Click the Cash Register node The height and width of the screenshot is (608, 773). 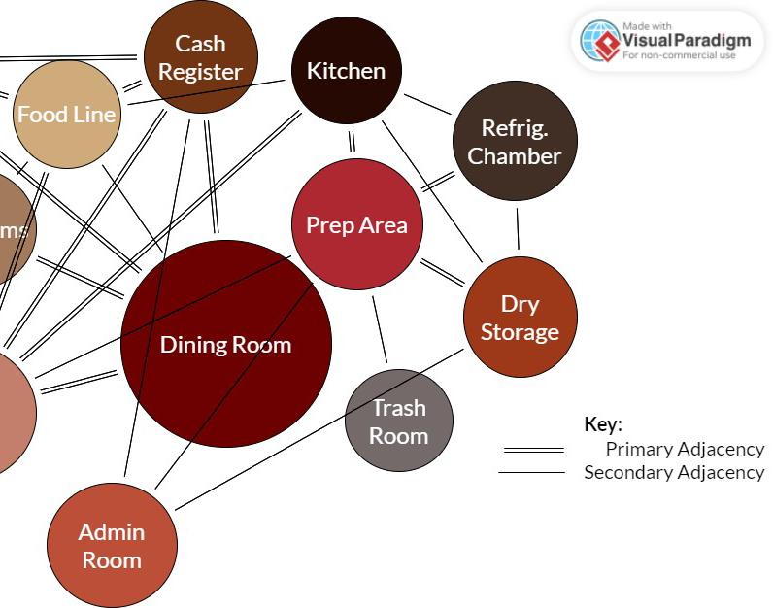[x=200, y=56]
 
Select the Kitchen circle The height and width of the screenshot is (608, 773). [x=346, y=70]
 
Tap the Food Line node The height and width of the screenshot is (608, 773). [x=66, y=114]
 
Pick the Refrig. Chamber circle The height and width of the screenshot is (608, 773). [x=515, y=141]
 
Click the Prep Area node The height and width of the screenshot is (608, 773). [x=356, y=224]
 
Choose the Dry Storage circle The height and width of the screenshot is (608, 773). [x=520, y=318]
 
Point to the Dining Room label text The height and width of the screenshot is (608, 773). [x=225, y=344]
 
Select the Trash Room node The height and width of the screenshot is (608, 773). [x=398, y=421]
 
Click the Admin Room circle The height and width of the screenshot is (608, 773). [x=112, y=545]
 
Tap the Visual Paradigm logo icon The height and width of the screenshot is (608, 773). [x=600, y=41]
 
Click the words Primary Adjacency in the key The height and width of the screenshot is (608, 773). [x=685, y=449]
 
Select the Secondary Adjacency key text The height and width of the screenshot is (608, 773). [x=674, y=472]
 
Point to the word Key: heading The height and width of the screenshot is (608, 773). [x=602, y=424]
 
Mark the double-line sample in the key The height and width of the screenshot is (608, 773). [x=533, y=450]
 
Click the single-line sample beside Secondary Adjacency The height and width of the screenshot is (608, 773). [x=531, y=473]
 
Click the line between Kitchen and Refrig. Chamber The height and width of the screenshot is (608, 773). [x=428, y=104]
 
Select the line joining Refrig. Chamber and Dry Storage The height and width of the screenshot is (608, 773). [x=517, y=228]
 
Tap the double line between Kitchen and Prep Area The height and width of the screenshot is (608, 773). [x=351, y=141]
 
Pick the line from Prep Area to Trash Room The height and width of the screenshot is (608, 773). [x=380, y=329]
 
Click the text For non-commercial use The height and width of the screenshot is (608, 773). [x=679, y=55]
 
